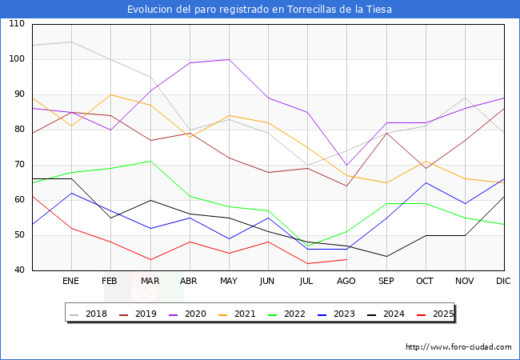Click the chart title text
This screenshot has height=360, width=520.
[x=260, y=10]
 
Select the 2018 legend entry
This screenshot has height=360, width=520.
[x=91, y=314]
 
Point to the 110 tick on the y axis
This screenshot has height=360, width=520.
[x=16, y=24]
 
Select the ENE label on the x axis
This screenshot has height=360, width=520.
[x=71, y=282]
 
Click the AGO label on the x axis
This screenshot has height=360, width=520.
[x=346, y=282]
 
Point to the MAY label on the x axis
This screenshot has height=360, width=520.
[x=229, y=282]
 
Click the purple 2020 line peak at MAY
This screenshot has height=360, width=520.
[x=229, y=59]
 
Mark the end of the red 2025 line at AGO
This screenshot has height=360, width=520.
[x=346, y=259]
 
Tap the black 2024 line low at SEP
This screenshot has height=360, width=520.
[x=386, y=256]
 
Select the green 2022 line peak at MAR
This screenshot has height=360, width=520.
[x=150, y=161]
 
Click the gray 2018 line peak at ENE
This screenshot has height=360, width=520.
[x=71, y=42]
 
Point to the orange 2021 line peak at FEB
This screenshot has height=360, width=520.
[x=110, y=94]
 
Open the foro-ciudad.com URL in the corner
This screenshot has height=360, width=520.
[x=458, y=347]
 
